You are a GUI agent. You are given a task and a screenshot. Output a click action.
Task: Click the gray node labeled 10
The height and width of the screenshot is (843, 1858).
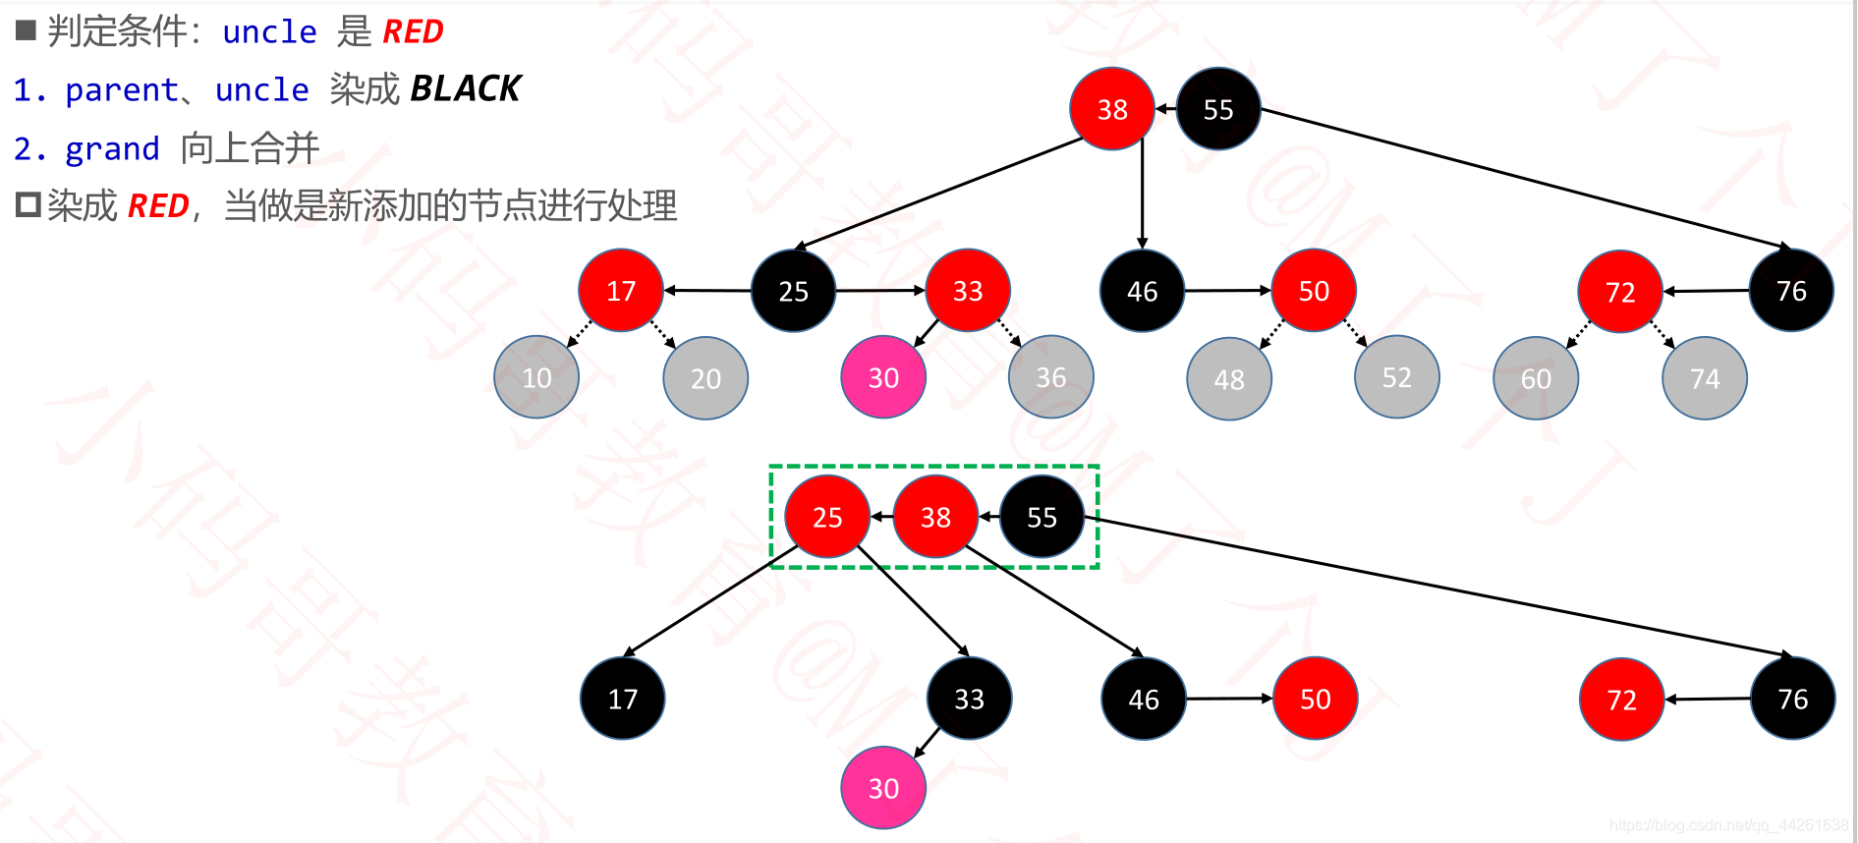coord(536,378)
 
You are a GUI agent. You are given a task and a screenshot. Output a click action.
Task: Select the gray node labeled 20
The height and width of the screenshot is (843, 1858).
coord(705,378)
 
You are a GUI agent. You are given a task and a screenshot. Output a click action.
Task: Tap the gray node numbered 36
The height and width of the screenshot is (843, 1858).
coord(1051,377)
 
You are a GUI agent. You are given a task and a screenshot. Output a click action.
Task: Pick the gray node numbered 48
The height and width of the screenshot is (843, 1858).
coord(1229,379)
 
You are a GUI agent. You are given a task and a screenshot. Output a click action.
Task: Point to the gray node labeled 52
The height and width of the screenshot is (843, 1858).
coord(1396,377)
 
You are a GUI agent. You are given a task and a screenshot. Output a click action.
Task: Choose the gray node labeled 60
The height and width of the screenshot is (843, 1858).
coord(1536,378)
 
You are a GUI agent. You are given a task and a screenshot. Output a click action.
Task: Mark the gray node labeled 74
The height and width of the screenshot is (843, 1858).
coord(1705,378)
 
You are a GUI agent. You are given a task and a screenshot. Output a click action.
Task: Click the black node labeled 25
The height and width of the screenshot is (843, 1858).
coord(793,291)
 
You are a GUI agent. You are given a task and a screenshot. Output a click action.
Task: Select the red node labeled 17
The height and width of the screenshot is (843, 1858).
coord(621,291)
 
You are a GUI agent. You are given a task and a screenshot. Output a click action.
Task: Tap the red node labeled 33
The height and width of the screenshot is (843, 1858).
coord(968,291)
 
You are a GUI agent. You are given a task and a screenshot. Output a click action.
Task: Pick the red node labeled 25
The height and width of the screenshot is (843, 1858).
coord(827,517)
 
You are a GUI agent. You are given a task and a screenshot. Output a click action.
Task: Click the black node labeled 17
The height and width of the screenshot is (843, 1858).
coord(623,699)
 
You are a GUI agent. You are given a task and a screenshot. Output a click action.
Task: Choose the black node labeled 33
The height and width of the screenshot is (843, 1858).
coord(969,699)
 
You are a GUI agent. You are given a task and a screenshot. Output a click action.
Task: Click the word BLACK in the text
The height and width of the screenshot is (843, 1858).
coord(465,88)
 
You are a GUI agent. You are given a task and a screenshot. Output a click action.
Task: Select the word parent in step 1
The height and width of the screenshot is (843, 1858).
coord(121,90)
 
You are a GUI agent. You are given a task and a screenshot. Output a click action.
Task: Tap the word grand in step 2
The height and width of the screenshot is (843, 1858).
coord(112,149)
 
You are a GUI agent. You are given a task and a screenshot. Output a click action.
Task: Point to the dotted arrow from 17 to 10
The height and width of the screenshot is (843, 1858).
coord(581,333)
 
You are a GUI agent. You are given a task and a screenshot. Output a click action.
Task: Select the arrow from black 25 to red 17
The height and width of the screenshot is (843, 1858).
coord(707,291)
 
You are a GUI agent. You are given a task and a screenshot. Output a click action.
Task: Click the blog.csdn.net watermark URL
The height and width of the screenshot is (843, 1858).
coord(1728,825)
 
